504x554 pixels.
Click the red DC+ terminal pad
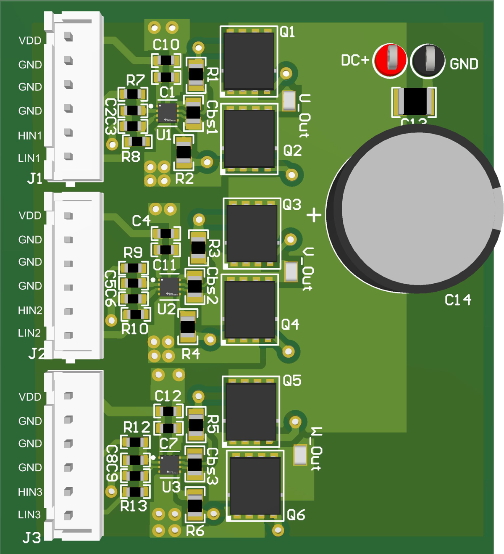[390, 60]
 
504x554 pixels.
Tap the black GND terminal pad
[428, 60]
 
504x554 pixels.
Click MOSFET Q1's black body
[249, 60]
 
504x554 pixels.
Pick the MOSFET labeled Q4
[249, 310]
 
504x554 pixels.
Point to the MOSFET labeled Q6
[255, 486]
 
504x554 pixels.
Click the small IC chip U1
[167, 113]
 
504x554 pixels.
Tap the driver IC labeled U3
[170, 465]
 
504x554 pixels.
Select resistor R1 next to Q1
[196, 75]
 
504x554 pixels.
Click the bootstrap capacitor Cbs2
[194, 286]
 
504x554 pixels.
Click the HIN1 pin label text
[30, 136]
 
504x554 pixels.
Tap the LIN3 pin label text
[29, 514]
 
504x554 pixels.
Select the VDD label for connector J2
[30, 216]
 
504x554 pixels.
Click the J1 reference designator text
[35, 179]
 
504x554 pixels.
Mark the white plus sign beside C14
[314, 215]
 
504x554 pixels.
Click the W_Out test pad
[300, 455]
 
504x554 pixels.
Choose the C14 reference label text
[458, 300]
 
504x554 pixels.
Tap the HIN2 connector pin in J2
[68, 311]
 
